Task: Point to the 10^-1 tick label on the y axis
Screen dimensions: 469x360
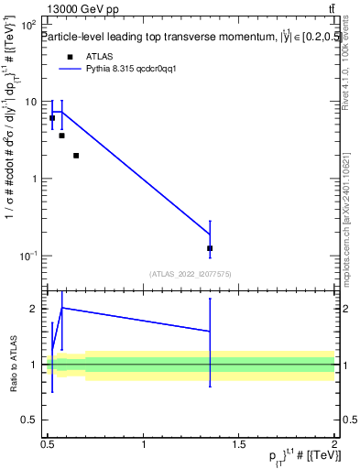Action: [28, 256]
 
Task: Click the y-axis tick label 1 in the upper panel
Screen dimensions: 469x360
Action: [35, 179]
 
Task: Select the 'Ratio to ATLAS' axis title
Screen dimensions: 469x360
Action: [14, 364]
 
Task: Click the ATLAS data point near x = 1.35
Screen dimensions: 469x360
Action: [210, 248]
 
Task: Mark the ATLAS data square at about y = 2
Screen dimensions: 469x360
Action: [76, 156]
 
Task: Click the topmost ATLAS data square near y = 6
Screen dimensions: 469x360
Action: [52, 118]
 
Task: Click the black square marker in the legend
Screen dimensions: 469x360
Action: [70, 57]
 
